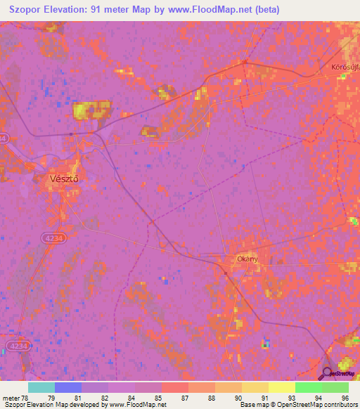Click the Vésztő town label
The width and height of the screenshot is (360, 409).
tap(63, 178)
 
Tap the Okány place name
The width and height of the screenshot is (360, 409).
tap(247, 258)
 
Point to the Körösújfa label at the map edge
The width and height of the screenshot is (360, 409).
tap(345, 68)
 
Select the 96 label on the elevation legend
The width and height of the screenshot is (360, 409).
tap(345, 398)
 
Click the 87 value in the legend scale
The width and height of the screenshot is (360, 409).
tap(185, 398)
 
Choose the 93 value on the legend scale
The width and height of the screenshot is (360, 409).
tap(292, 398)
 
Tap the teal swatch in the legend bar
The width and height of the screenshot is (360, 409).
tap(41, 387)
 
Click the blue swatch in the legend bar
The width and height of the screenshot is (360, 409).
tap(67, 387)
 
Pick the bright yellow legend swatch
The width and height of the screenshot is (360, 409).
tap(281, 387)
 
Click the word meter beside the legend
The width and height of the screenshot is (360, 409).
tap(11, 398)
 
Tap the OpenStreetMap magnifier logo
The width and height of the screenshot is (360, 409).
tap(327, 373)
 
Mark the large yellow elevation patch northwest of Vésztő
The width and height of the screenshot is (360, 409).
tap(92, 109)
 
